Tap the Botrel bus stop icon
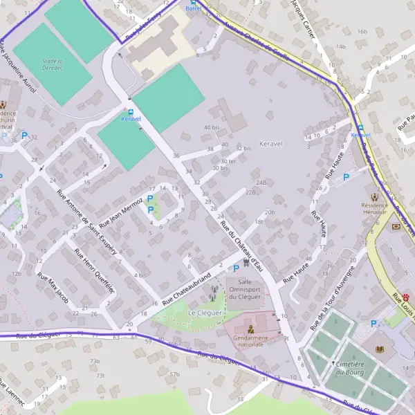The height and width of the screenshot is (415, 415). click(x=194, y=2)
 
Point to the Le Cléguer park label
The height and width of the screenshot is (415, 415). click(x=205, y=313)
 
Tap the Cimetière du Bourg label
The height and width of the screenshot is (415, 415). click(x=350, y=368)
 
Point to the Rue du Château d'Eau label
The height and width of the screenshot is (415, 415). click(x=241, y=246)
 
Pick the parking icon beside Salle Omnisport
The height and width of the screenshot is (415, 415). click(x=236, y=268)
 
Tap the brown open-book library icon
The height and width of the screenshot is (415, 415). click(x=380, y=350)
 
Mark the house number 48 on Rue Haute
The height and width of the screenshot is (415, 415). click(x=308, y=259)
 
